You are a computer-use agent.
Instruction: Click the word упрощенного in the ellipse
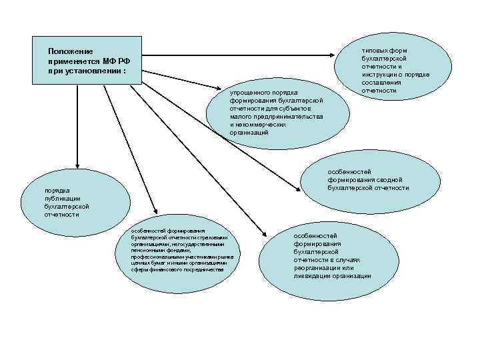pos(248,92)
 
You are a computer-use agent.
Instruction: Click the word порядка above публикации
pos(57,191)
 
